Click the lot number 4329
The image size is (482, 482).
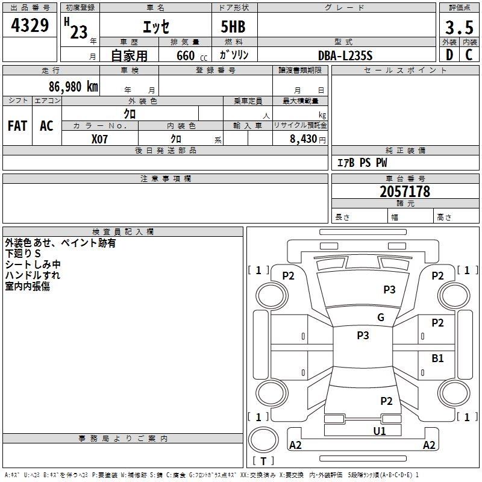tap(30, 26)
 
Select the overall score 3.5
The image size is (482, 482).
tap(458, 27)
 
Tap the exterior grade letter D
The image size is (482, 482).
tap(449, 55)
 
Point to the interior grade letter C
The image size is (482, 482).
tap(469, 55)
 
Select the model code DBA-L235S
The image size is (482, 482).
tap(345, 55)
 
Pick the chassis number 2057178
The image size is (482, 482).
tap(405, 192)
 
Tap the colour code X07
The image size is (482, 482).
tap(100, 138)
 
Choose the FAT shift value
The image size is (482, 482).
tap(17, 125)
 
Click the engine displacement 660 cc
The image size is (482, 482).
tap(186, 55)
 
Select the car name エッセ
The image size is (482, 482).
tap(155, 27)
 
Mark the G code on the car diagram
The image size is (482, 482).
tap(381, 318)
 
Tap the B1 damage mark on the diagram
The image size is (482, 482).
tap(437, 358)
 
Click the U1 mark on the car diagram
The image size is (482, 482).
tap(379, 431)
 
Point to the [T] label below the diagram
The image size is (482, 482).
tap(263, 462)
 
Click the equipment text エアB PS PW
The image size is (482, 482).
tap(362, 163)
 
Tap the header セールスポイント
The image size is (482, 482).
tap(405, 70)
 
